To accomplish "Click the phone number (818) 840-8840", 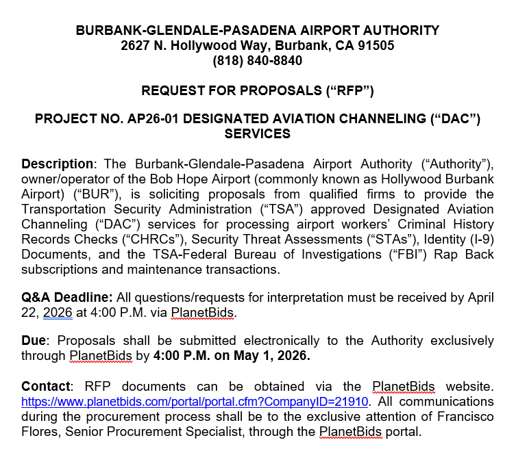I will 257,61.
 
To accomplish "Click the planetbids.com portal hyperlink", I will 195,402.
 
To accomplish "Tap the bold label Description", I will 57,164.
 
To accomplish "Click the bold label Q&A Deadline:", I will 67,298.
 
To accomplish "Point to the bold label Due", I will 35,341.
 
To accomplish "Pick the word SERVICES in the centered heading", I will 257,134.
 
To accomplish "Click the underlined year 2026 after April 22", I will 58,313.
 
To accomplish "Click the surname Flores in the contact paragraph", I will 39,432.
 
